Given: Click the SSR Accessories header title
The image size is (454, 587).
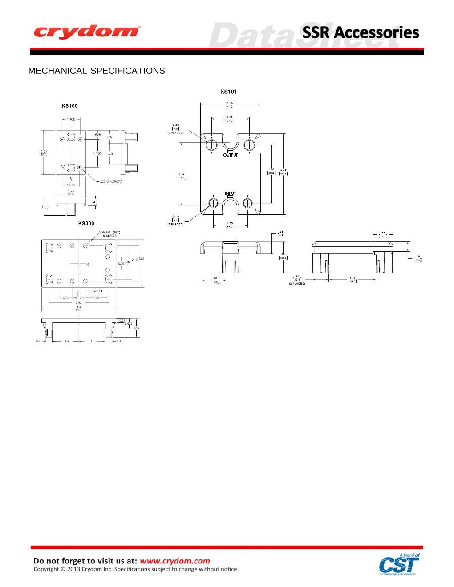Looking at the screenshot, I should tap(361, 32).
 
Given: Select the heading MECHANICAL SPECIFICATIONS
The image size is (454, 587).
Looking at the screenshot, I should tap(97, 71).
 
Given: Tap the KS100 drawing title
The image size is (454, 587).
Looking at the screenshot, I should tap(69, 106).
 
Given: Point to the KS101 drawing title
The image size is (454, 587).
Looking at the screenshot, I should tap(229, 92).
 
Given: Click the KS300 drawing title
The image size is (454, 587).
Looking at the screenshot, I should tap(86, 223).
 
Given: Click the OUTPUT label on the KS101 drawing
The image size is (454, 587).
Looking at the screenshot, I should tap(231, 155).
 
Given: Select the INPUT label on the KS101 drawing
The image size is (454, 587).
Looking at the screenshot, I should tap(230, 193).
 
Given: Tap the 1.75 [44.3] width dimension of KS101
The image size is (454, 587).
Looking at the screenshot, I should tap(230, 105).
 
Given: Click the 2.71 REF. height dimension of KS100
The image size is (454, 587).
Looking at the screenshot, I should tap(44, 153).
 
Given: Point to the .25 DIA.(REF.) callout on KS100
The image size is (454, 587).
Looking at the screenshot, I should tap(111, 181).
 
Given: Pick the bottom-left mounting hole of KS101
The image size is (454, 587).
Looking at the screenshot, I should tap(213, 203).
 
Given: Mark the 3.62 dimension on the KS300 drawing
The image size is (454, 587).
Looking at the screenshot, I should tap(78, 302).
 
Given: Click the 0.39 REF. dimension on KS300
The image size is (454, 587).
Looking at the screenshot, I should tap(97, 291).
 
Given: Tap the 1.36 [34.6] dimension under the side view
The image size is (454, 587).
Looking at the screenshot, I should tap(353, 280).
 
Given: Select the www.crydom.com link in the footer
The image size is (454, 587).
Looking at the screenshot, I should tap(174, 561).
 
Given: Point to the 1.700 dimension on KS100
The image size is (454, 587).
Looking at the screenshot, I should tap(97, 153).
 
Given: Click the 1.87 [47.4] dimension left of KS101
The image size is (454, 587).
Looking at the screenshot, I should tap(182, 175).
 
